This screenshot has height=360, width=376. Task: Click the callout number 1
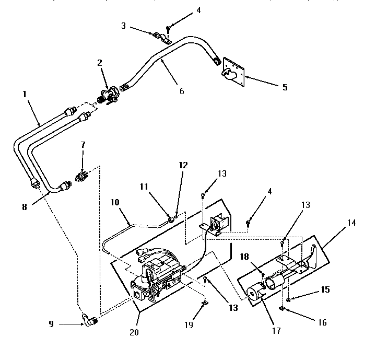(25, 96)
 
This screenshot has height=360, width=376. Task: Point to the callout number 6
(181, 90)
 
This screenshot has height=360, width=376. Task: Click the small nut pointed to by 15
(289, 298)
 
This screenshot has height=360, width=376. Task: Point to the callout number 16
(322, 322)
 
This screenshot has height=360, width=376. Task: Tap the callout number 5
(285, 87)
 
